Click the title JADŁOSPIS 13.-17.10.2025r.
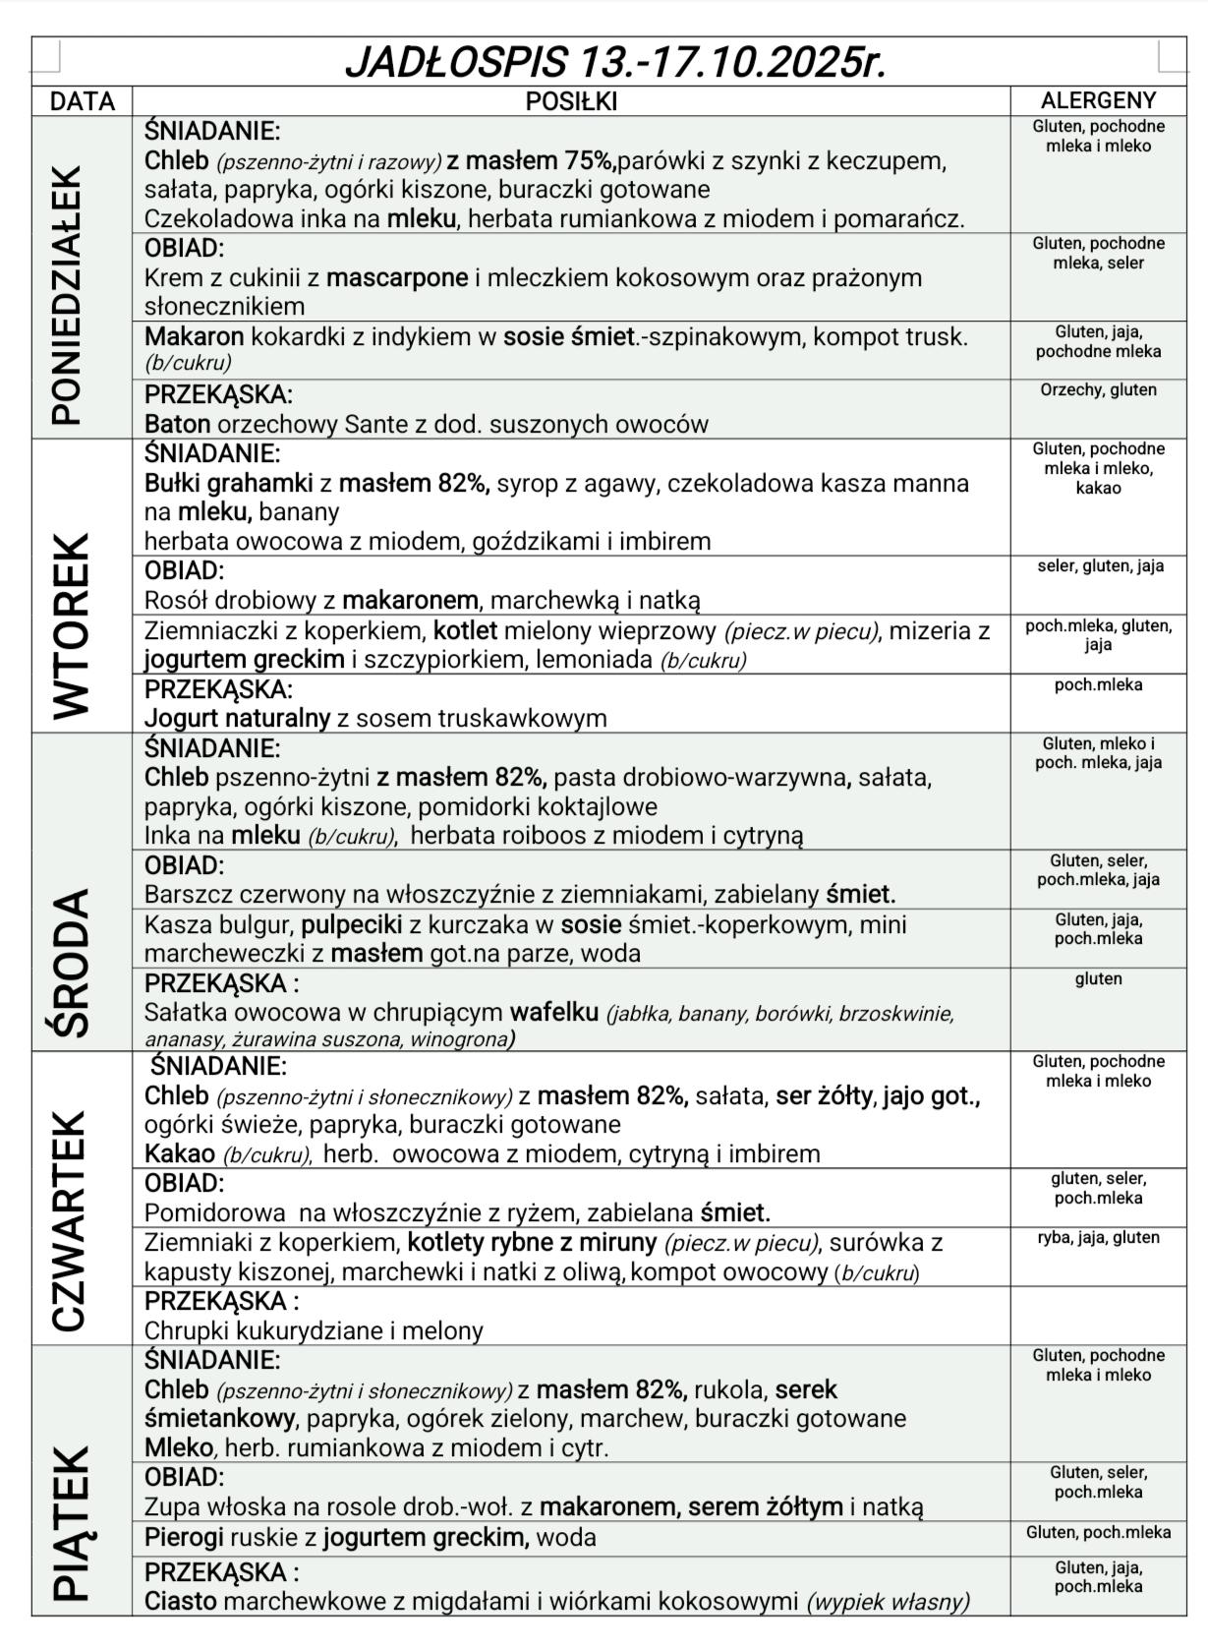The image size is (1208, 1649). [x=615, y=62]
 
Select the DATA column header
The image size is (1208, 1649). [x=83, y=101]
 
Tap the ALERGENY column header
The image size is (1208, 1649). [x=1098, y=100]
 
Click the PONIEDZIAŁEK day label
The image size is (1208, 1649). [x=67, y=295]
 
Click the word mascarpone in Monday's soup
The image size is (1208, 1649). [x=397, y=278]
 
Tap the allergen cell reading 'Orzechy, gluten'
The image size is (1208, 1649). [x=1098, y=390]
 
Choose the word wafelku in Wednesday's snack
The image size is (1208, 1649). [x=553, y=1013]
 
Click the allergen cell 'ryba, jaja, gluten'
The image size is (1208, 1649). [x=1098, y=1238]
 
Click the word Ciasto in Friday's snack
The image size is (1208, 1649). [x=180, y=1602]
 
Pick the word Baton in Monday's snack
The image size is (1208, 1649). [x=177, y=425]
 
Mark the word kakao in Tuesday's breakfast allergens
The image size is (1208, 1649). [x=1098, y=489]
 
